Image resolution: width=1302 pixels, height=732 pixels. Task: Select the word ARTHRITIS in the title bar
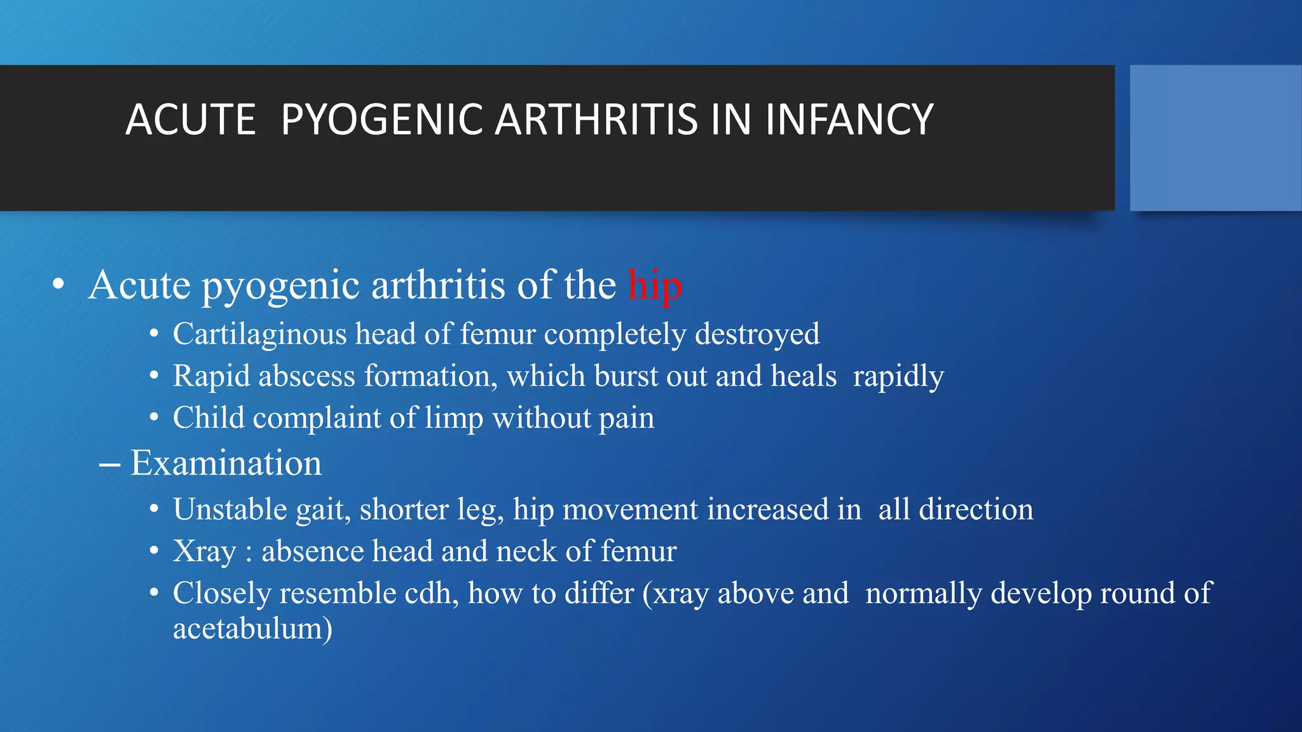pos(596,119)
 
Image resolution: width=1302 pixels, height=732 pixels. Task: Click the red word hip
pos(655,285)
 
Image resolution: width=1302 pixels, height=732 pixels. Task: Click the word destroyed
pos(757,334)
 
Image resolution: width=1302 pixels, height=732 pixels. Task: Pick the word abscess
pos(306,376)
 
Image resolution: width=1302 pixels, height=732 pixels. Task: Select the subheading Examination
pos(226,463)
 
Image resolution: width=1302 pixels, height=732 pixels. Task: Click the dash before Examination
pos(109,464)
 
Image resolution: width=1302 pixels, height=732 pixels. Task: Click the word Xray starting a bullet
pos(203,552)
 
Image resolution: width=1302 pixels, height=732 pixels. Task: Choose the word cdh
pos(432,593)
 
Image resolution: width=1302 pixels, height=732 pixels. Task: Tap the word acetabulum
pos(252,629)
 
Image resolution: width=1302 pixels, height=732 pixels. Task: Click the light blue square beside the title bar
pos(1216,138)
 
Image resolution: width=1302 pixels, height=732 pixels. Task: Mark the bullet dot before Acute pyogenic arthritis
pos(58,285)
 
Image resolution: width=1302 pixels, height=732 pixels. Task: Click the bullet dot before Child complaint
pos(154,418)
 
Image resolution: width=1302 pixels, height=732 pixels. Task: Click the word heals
pos(804,376)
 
